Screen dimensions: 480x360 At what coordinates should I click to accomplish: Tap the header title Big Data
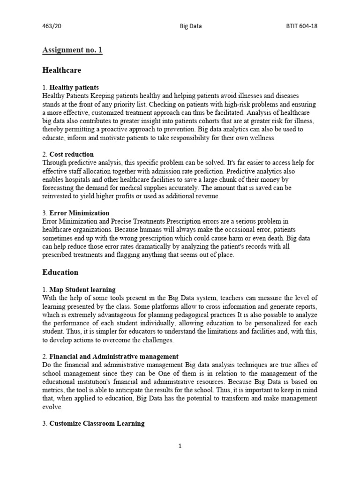coord(191,26)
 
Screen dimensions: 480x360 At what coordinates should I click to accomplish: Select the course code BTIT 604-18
coord(302,26)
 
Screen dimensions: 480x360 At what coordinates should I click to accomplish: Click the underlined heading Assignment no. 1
coord(72,50)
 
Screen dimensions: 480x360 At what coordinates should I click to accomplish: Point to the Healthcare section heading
coord(61,70)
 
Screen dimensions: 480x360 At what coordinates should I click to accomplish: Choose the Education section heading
coord(60,272)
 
